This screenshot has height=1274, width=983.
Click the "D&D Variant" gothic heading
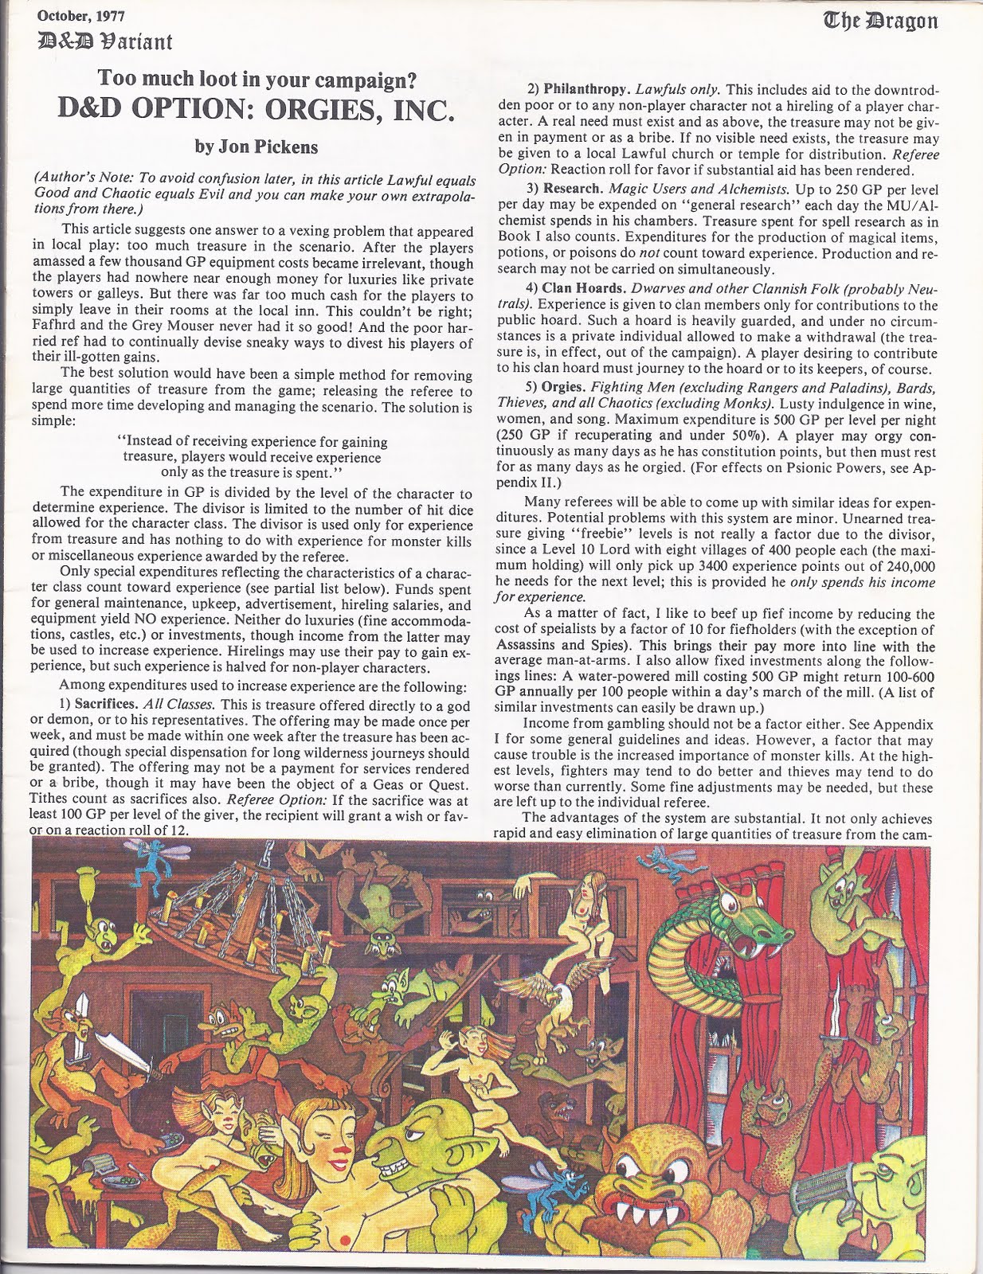(x=100, y=40)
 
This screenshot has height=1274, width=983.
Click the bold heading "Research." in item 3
(x=574, y=189)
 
